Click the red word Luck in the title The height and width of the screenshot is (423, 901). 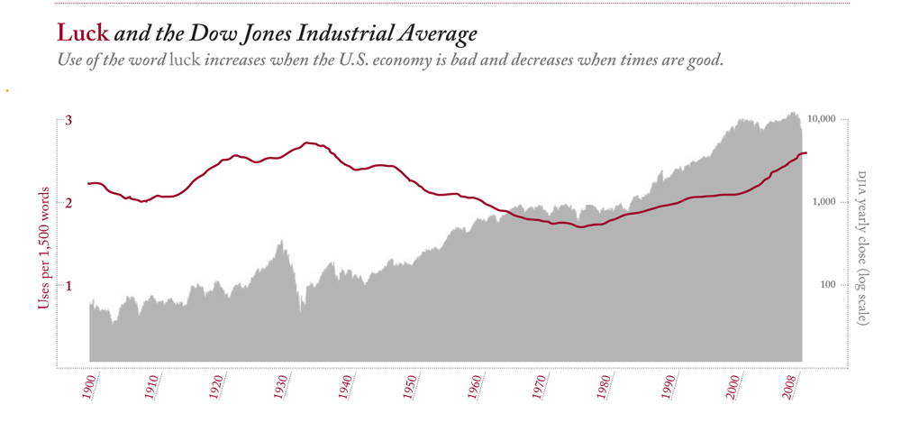pos(83,34)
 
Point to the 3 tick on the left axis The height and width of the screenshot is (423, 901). pos(68,120)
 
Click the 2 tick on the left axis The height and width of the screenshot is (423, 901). pos(68,203)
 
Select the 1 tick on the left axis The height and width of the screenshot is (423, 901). pos(68,286)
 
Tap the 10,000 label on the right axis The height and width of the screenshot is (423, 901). pos(824,119)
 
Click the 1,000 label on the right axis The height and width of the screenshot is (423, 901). pos(827,203)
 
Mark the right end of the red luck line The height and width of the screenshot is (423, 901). pos(806,153)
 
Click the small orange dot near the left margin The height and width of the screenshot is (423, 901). pos(7,90)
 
